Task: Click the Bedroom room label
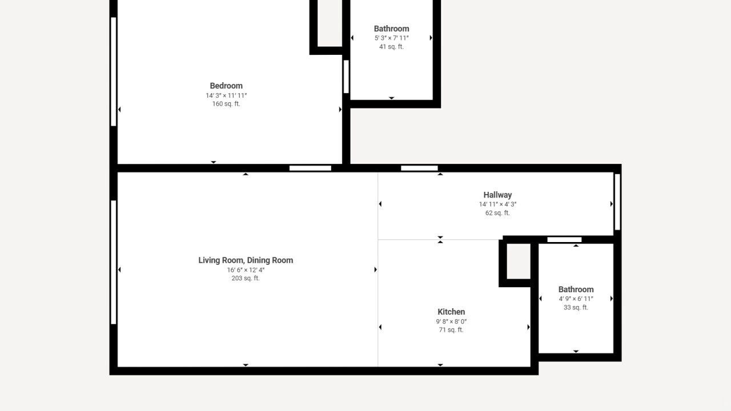point(226,86)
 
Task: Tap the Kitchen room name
point(451,312)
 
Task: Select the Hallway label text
point(497,195)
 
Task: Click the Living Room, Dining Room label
point(246,260)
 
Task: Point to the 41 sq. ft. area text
point(391,47)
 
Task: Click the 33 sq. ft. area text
point(576,307)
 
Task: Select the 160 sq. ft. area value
point(226,104)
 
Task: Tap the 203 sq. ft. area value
point(246,278)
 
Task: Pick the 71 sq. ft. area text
point(451,330)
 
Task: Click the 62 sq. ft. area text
point(497,213)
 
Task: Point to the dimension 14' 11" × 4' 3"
point(497,204)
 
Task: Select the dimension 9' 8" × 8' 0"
point(451,321)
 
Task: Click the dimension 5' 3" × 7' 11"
point(391,38)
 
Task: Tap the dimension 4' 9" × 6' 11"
point(576,299)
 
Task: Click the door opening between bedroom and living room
point(310,168)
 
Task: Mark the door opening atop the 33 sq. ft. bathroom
point(564,240)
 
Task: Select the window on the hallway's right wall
point(617,202)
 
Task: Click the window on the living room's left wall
point(114,262)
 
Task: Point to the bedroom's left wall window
point(114,72)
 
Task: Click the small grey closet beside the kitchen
point(518,261)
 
